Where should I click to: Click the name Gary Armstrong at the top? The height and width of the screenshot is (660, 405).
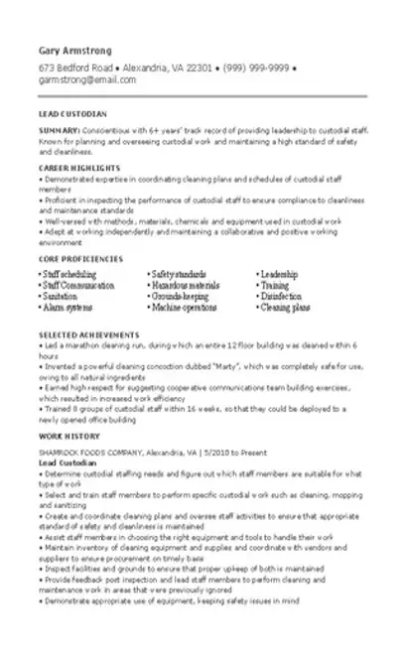[x=74, y=50]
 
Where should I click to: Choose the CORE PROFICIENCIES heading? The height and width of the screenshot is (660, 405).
[x=78, y=257]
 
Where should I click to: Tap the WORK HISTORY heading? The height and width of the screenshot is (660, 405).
[x=63, y=407]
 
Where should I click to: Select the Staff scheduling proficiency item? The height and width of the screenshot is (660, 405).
[x=69, y=272]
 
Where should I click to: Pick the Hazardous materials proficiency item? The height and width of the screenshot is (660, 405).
[x=185, y=284]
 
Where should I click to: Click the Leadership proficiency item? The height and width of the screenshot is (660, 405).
[x=283, y=272]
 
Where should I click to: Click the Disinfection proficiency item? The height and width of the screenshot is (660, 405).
[x=284, y=296]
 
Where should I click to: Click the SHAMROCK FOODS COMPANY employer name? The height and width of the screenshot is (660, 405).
[x=93, y=423]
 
